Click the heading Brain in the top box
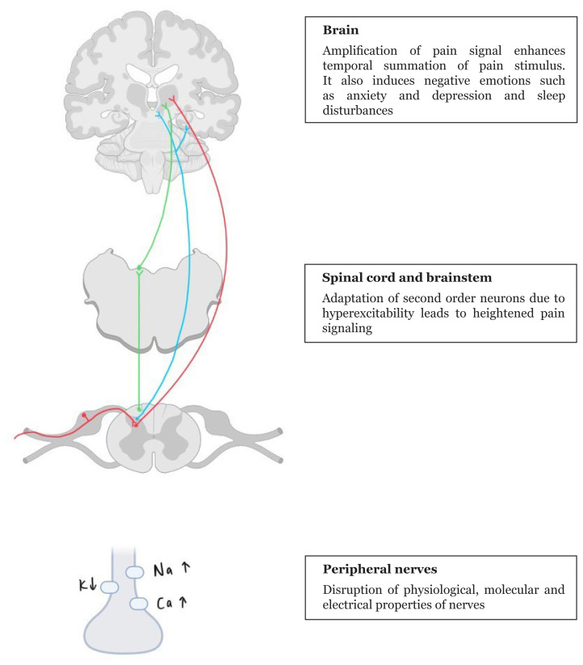(x=339, y=30)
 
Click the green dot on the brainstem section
(x=140, y=267)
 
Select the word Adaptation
(x=355, y=297)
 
